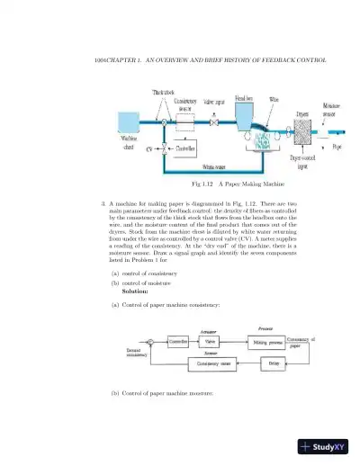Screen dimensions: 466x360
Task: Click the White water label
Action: tap(213, 167)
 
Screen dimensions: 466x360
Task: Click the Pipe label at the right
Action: tap(336, 145)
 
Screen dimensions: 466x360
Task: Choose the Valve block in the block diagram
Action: tap(208, 342)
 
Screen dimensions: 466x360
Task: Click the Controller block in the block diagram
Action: tap(178, 342)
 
